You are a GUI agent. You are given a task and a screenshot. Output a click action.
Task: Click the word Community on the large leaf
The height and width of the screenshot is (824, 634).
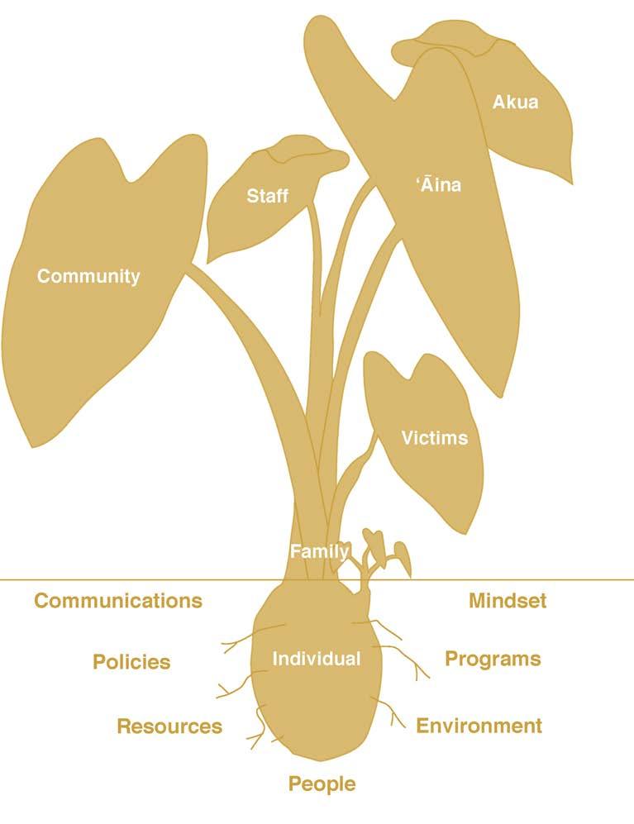click(88, 276)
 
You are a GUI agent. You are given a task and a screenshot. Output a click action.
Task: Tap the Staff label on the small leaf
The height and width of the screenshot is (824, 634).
click(268, 196)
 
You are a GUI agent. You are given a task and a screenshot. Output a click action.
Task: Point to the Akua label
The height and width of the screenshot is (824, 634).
click(515, 102)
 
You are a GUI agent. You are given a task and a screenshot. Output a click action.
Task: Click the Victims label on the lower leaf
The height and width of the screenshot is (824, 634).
click(434, 437)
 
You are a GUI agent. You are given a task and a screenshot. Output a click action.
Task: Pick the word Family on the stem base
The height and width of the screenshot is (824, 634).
click(319, 551)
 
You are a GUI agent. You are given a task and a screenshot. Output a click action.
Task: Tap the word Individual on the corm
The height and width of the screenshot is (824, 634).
click(317, 659)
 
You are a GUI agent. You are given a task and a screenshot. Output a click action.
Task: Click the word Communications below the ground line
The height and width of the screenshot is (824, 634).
click(118, 601)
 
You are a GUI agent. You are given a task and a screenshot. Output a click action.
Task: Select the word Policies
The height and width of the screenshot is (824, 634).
click(131, 662)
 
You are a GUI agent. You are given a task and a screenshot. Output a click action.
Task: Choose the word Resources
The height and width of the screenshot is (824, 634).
click(169, 726)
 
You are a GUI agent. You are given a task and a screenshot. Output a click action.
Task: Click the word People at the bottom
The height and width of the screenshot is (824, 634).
click(322, 784)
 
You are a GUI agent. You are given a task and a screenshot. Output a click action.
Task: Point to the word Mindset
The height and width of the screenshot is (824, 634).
click(508, 601)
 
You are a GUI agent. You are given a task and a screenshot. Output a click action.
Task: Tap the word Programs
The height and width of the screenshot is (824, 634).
click(493, 659)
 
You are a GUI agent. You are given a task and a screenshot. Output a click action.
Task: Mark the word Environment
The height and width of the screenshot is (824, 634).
click(479, 726)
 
